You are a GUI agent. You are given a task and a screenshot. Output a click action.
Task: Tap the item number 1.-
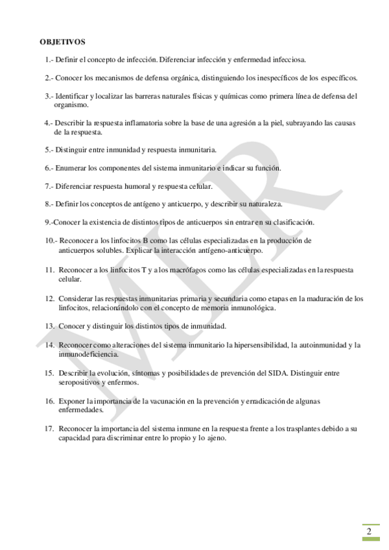pos(50,59)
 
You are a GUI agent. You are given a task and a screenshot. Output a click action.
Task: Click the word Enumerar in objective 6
pos(71,167)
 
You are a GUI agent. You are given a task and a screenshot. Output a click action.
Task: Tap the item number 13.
pos(49,326)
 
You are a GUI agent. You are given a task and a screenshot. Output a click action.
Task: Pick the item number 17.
pos(49,429)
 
